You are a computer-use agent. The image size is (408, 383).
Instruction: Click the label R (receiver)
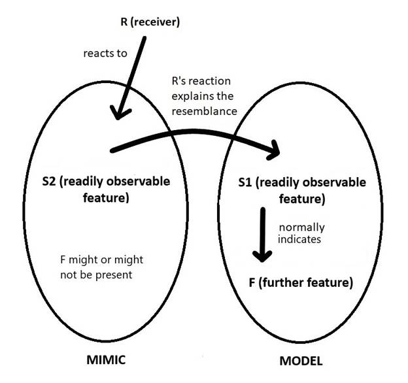pos(150,23)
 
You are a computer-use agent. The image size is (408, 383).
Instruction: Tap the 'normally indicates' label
pos(301,233)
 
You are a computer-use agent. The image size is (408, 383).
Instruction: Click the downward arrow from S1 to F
pos(262,235)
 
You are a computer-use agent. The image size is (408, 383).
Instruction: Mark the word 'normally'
pos(301,227)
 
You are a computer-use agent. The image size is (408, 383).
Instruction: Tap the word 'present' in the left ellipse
pos(114,275)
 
